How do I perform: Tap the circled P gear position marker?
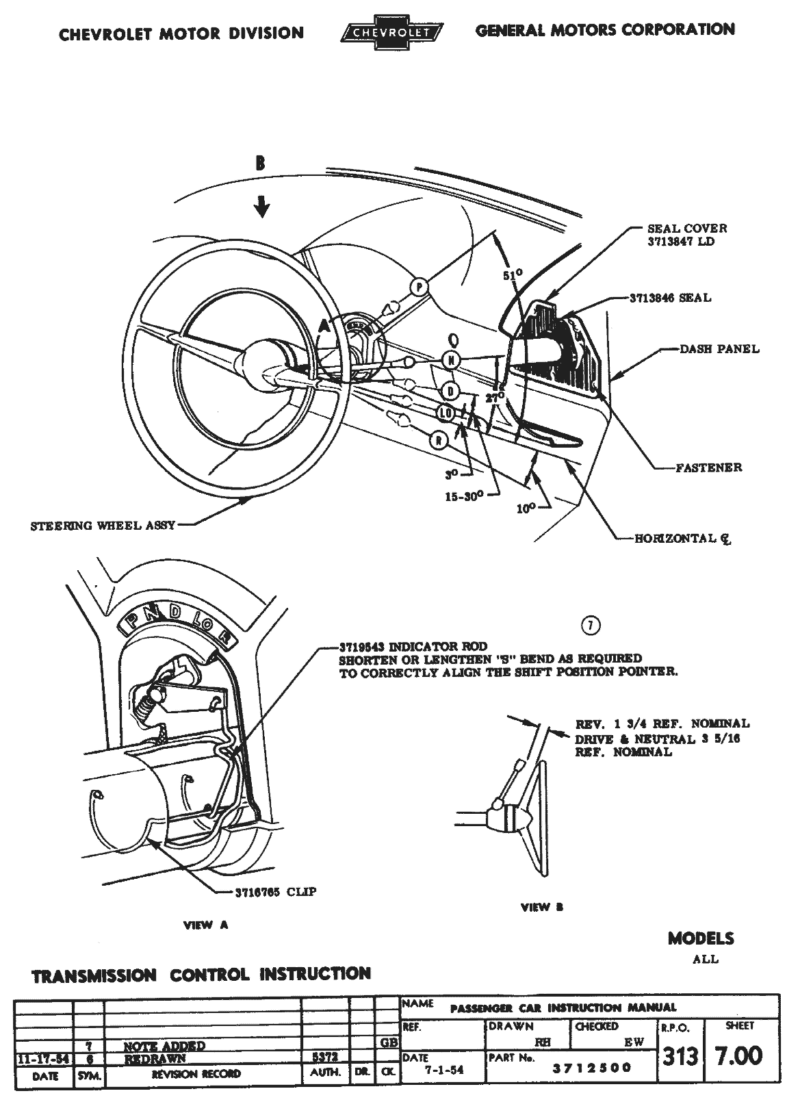pyautogui.click(x=419, y=287)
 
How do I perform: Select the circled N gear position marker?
pyautogui.click(x=452, y=359)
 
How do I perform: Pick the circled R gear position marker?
pyautogui.click(x=439, y=439)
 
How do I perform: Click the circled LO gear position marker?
pyautogui.click(x=446, y=413)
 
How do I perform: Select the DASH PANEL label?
pyautogui.click(x=719, y=349)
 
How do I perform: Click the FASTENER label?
pyautogui.click(x=708, y=467)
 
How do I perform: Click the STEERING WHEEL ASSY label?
pyautogui.click(x=103, y=526)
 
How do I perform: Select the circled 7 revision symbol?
pyautogui.click(x=590, y=625)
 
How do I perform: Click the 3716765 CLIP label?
pyautogui.click(x=276, y=892)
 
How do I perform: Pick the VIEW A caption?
pyautogui.click(x=205, y=925)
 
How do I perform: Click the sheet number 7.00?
pyautogui.click(x=738, y=1055)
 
